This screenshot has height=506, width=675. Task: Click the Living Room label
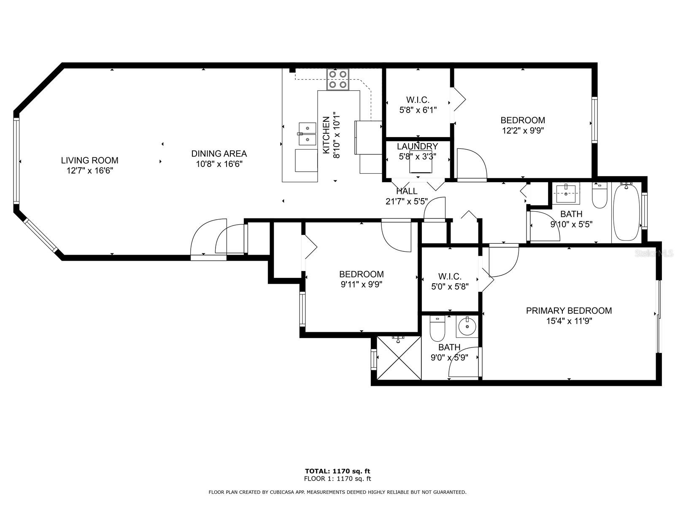tap(89, 160)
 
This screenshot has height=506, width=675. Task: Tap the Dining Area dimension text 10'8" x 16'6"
tap(219, 164)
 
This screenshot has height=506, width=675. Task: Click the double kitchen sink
tap(307, 134)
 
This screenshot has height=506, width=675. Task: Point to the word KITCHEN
tap(326, 135)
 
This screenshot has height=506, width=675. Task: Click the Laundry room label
tap(417, 146)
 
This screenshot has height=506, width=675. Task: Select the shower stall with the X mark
tap(399, 358)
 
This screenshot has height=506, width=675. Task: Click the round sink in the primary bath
tap(467, 326)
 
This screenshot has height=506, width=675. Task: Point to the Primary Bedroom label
tap(569, 311)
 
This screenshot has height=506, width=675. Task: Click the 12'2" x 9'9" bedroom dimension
tap(523, 131)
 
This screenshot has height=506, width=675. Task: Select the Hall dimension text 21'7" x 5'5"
tap(407, 202)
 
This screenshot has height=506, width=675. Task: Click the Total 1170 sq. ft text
tap(337, 471)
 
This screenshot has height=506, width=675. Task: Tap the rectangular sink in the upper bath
tap(566, 193)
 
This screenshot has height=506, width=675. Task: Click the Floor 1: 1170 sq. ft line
tap(337, 479)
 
